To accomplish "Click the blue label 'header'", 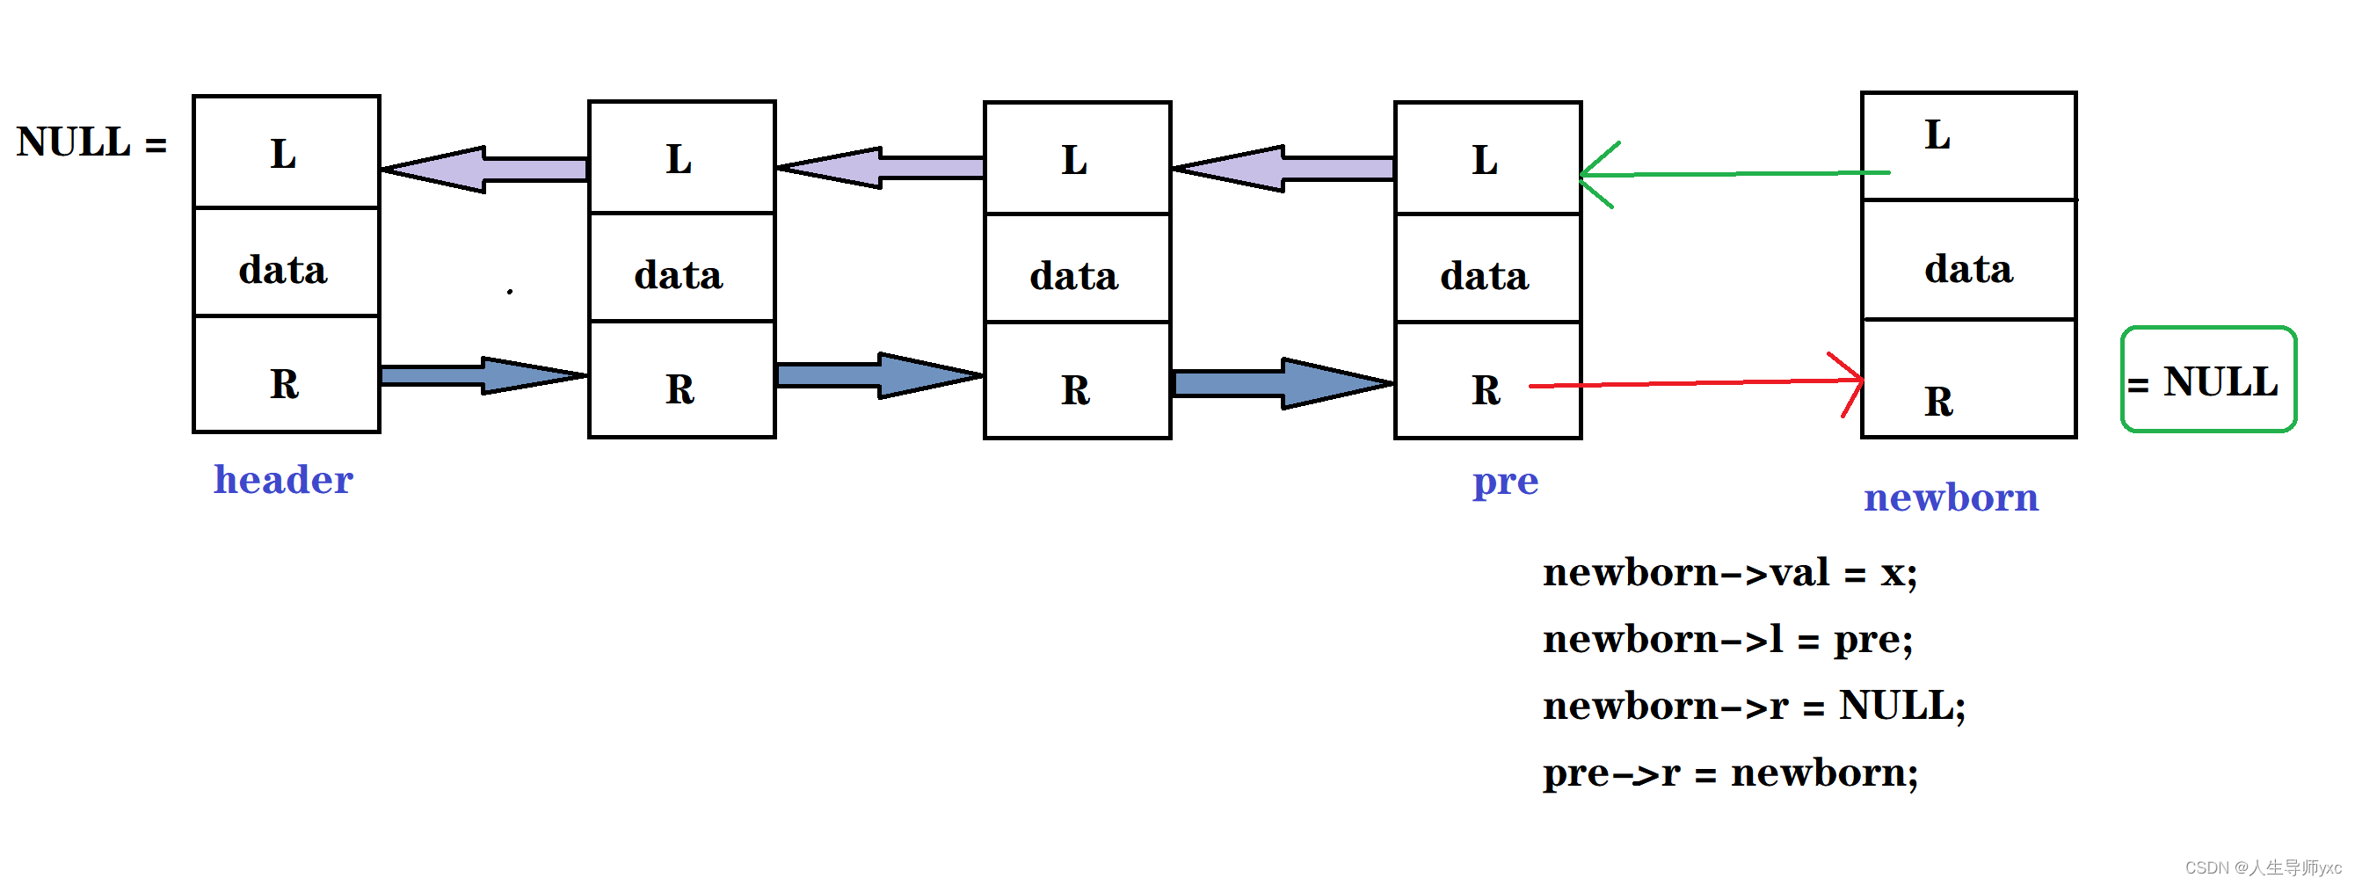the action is pyautogui.click(x=283, y=479).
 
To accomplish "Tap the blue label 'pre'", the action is pyautogui.click(x=1505, y=482).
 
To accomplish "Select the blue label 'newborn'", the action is pyautogui.click(x=1951, y=497).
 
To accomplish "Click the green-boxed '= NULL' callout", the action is pyautogui.click(x=2208, y=380).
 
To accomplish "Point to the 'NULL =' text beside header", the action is pyautogui.click(x=91, y=141).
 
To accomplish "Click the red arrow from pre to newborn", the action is pyautogui.click(x=1697, y=383).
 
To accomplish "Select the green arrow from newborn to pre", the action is pyautogui.click(x=1735, y=173).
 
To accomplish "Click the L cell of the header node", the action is pyautogui.click(x=287, y=152).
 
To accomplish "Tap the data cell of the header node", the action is pyautogui.click(x=287, y=263).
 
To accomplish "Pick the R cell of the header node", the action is pyautogui.click(x=287, y=374).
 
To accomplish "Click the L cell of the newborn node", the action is pyautogui.click(x=1968, y=145).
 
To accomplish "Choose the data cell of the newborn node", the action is pyautogui.click(x=1968, y=259).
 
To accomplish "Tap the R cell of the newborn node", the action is pyautogui.click(x=1968, y=379).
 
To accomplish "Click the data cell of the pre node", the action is pyautogui.click(x=1487, y=268).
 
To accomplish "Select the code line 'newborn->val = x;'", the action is pyautogui.click(x=1730, y=573).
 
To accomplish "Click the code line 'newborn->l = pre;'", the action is pyautogui.click(x=1728, y=640).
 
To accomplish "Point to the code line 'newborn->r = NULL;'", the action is pyautogui.click(x=1755, y=707).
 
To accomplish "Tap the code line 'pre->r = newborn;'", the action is pyautogui.click(x=1730, y=773).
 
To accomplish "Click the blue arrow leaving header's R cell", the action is pyautogui.click(x=483, y=375).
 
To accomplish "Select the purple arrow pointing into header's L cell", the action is pyautogui.click(x=483, y=169).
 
